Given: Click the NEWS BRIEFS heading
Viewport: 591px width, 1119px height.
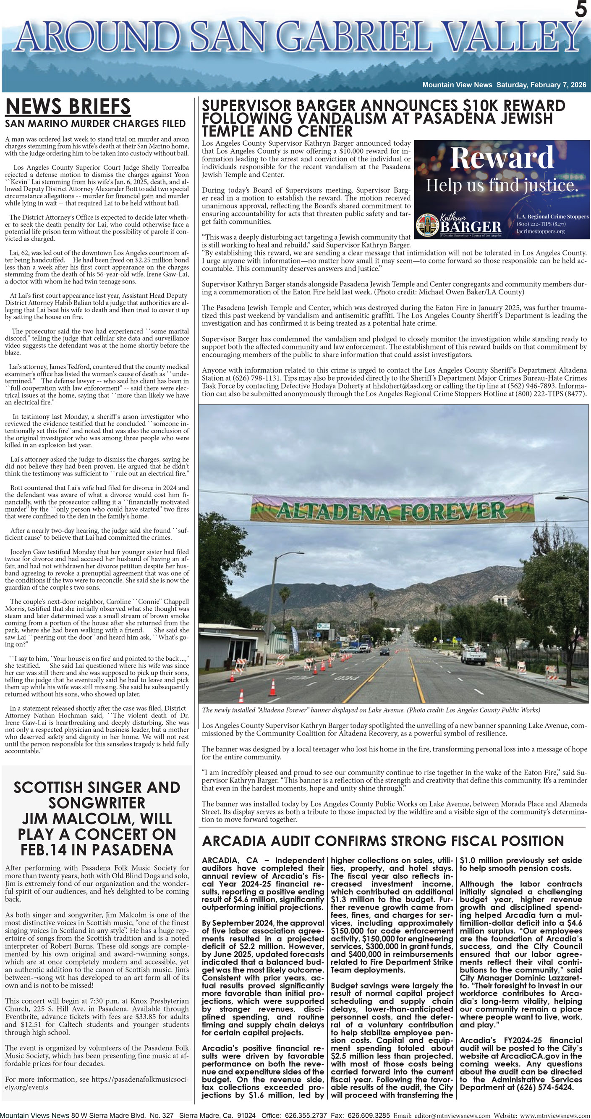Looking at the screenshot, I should [x=68, y=106].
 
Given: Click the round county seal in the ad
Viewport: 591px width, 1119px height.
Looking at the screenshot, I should [x=428, y=226].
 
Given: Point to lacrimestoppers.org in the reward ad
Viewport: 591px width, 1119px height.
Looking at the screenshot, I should [x=540, y=231].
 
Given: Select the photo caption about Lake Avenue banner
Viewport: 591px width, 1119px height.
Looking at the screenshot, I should [x=371, y=710].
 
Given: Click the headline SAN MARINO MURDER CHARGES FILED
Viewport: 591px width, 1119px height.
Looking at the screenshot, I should [x=95, y=124].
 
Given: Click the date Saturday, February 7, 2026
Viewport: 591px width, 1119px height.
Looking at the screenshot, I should [x=541, y=85].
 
